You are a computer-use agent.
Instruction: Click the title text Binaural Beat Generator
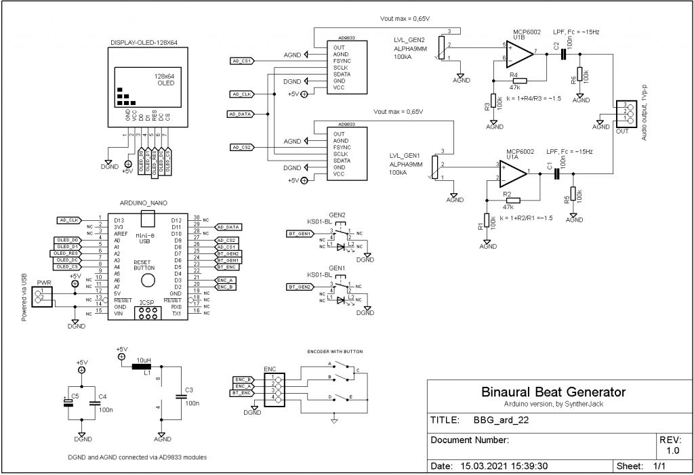(553, 392)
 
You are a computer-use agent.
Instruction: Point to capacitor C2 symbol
(562, 53)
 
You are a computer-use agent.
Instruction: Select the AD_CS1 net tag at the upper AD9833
(242, 61)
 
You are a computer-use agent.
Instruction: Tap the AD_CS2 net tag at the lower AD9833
(242, 147)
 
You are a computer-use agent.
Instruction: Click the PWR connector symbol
(43, 295)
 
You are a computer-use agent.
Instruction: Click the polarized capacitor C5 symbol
(68, 402)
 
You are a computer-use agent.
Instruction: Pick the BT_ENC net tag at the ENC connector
(243, 393)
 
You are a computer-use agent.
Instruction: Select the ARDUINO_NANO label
(143, 203)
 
